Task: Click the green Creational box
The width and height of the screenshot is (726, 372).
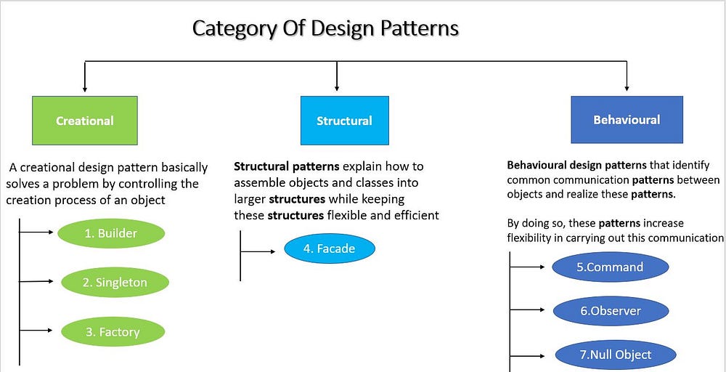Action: tap(84, 121)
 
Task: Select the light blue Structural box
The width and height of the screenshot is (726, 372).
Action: tap(344, 121)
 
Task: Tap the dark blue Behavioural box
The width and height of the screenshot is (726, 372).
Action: tap(627, 119)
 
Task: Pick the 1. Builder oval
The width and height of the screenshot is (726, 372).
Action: tap(110, 233)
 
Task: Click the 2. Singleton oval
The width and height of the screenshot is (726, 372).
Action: tap(115, 283)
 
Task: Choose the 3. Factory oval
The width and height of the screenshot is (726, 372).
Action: tap(112, 332)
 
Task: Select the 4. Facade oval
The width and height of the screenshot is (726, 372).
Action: tap(329, 248)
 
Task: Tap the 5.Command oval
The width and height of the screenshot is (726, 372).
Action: tap(609, 267)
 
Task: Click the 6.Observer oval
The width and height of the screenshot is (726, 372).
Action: tap(609, 311)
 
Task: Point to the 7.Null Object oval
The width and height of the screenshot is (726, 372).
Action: tap(614, 355)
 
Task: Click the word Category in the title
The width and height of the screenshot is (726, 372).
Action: tap(234, 29)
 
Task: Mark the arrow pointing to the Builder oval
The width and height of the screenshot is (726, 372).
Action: tap(36, 233)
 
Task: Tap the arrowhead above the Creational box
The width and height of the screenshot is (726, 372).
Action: tap(85, 88)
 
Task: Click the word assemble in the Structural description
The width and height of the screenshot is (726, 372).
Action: tap(259, 182)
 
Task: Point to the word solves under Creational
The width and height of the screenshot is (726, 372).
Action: tap(25, 184)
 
